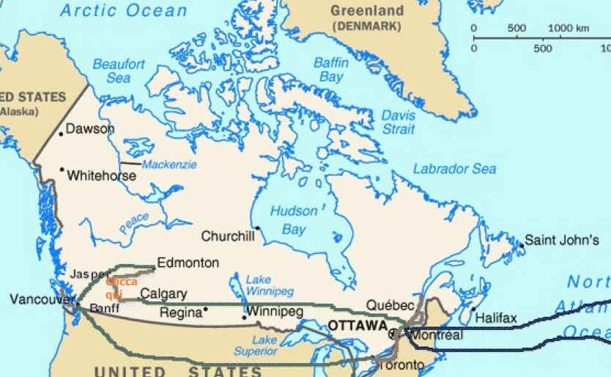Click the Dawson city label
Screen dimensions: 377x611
click(90, 129)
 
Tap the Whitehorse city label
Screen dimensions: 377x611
click(101, 176)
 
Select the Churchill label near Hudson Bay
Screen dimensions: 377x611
click(228, 236)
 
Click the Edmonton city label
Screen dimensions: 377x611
click(188, 263)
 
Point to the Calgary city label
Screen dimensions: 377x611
click(163, 293)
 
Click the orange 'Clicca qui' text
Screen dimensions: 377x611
click(121, 288)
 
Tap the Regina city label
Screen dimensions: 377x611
click(180, 312)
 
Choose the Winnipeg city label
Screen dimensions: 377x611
click(275, 312)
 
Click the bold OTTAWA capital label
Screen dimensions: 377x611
click(358, 325)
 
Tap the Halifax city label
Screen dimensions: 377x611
click(496, 318)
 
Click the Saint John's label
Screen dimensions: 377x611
click(563, 240)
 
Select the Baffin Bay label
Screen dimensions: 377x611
click(331, 70)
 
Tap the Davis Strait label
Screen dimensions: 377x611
click(399, 122)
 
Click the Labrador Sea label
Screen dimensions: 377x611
click(454, 169)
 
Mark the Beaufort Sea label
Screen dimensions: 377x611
click(119, 71)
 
